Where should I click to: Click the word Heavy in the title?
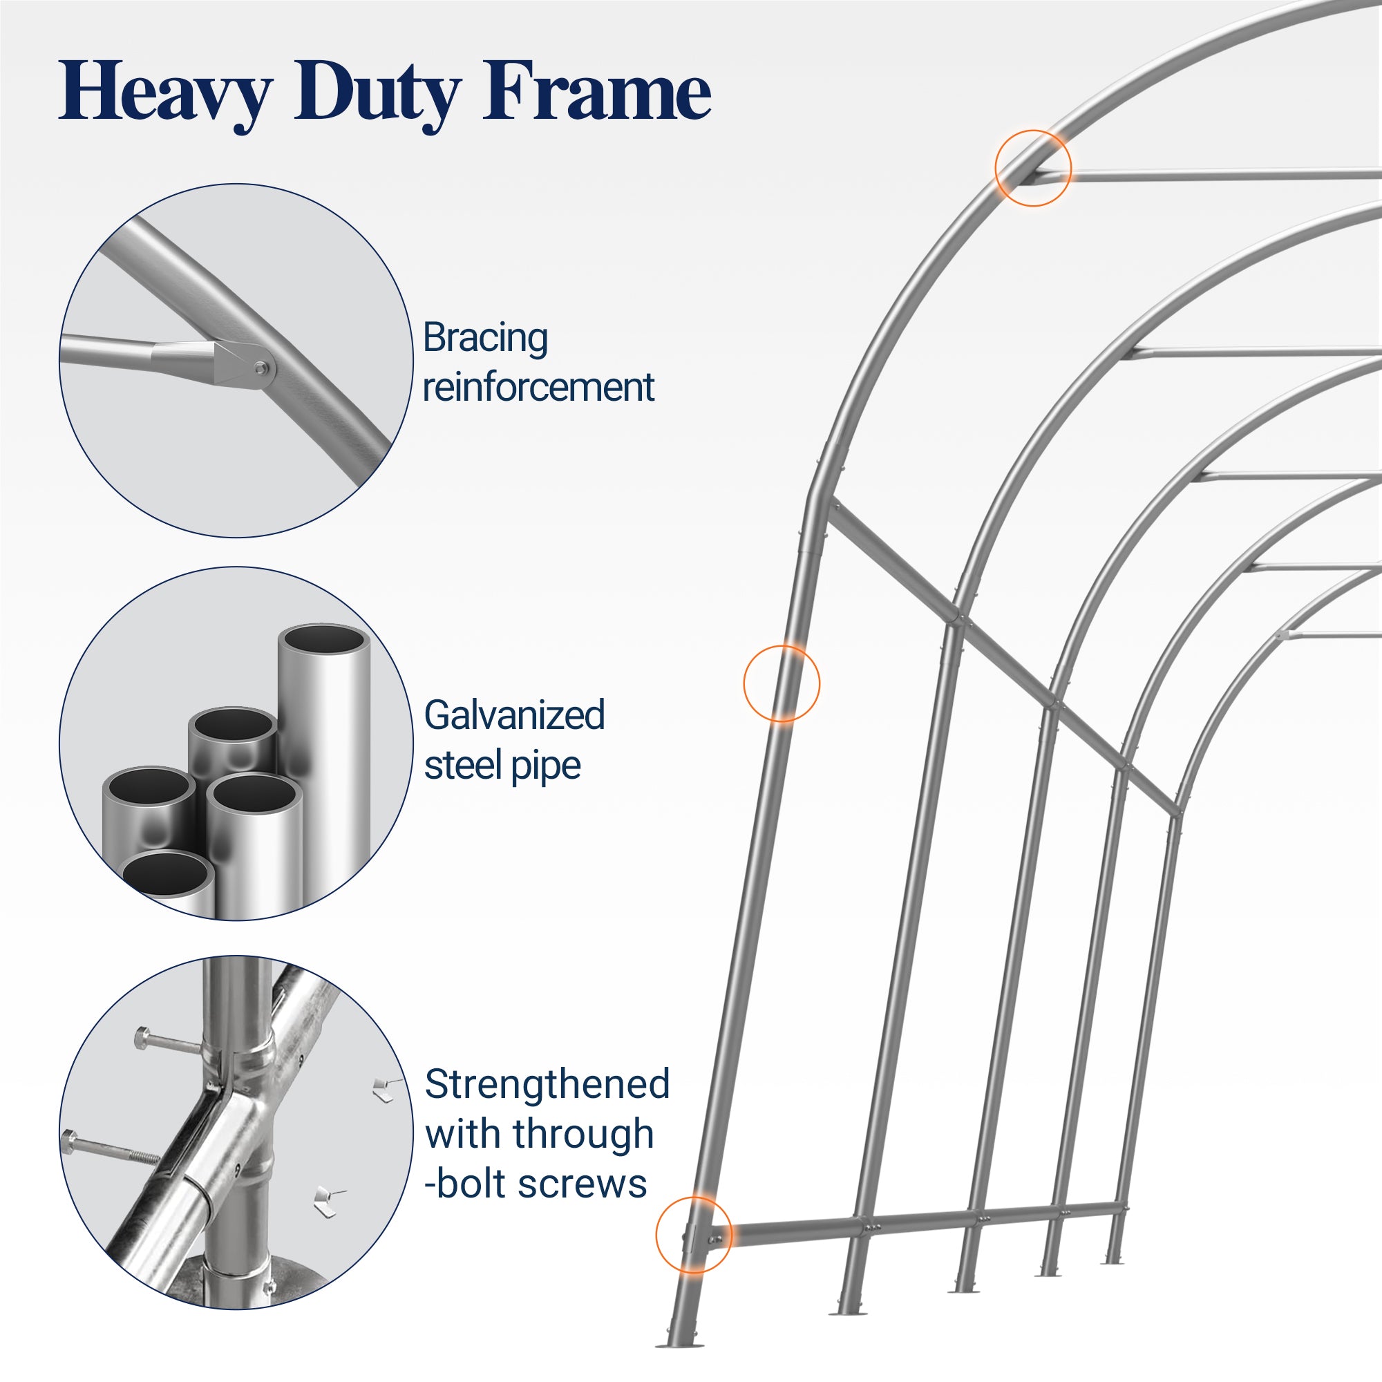pos(164,93)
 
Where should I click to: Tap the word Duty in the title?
pos(377,93)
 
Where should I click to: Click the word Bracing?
pos(485,338)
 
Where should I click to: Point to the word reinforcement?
pos(538,387)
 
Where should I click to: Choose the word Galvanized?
pos(514,714)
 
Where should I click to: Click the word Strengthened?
pos(547,1083)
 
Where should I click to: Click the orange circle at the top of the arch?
pos(1033,168)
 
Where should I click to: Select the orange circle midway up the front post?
pos(781,683)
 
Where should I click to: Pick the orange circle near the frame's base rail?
pos(693,1235)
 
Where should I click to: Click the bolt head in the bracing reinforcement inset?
pos(261,368)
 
